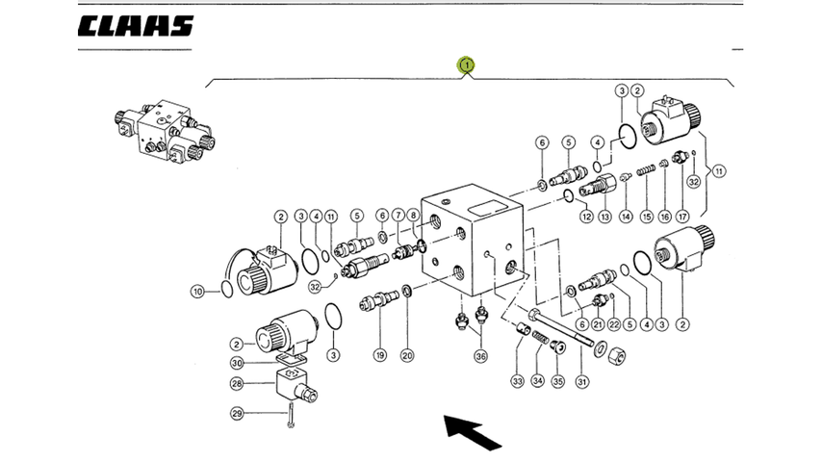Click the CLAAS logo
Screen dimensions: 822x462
(136, 26)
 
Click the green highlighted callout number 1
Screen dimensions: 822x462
(466, 65)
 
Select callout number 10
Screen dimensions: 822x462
(197, 291)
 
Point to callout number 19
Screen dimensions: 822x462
(380, 355)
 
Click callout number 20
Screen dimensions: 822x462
(407, 355)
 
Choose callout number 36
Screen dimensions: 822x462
(480, 356)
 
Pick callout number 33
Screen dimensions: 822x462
(518, 381)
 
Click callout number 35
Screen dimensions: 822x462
(558, 381)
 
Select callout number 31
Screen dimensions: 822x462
(582, 382)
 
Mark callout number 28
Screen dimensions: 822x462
(237, 384)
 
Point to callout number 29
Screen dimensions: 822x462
(237, 414)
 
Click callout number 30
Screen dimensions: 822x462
(237, 363)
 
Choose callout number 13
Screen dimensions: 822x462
(605, 216)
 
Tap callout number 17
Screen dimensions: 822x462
(682, 216)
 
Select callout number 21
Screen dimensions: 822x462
(598, 324)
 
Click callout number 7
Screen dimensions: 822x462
(398, 215)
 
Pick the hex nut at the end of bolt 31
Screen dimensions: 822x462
(617, 356)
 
